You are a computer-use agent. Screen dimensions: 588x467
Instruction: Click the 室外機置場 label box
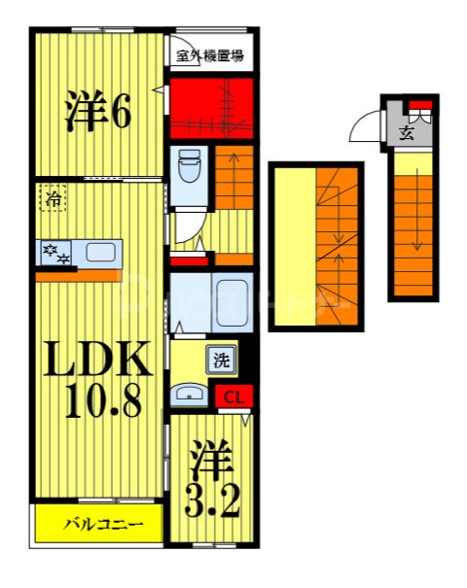tap(211, 55)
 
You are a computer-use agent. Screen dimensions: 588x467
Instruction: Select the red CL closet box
tap(233, 396)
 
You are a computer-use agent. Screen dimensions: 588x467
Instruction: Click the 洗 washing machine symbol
tap(222, 361)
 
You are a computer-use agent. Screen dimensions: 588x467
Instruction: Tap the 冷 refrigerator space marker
tap(54, 199)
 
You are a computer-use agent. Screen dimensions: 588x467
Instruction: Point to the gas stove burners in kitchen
tap(54, 254)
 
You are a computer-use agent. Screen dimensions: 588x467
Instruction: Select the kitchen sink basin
tap(100, 253)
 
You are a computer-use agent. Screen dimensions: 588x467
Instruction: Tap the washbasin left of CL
tap(188, 394)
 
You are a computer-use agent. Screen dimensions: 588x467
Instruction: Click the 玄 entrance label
tap(404, 134)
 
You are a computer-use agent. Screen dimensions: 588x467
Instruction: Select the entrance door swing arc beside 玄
tap(365, 125)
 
